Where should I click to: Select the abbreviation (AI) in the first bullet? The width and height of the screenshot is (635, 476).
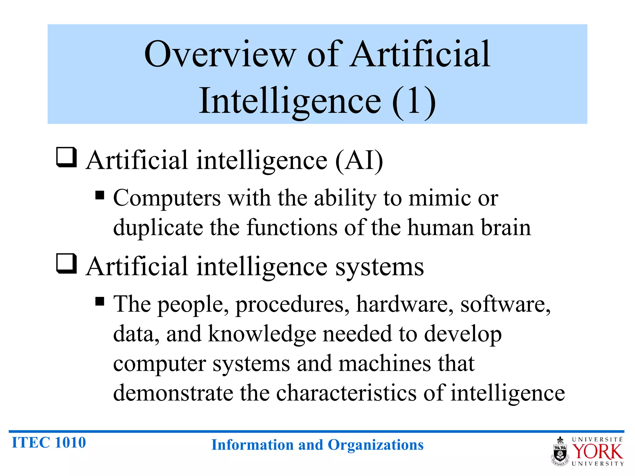click(x=359, y=161)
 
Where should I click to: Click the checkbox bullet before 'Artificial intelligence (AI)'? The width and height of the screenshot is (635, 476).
click(x=66, y=157)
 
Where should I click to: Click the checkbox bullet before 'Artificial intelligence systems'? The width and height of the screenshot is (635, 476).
click(x=66, y=264)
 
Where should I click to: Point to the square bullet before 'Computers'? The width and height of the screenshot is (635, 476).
click(x=100, y=196)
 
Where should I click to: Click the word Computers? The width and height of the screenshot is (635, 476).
click(x=167, y=198)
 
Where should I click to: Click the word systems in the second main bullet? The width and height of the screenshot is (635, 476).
click(x=380, y=267)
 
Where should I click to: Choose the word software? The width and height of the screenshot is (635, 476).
click(x=505, y=304)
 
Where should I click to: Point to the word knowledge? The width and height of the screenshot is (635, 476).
click(x=262, y=334)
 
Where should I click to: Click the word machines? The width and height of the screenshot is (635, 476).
click(x=384, y=364)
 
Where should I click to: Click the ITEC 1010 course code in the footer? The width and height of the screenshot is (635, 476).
click(x=49, y=443)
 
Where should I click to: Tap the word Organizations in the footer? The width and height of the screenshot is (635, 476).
click(x=375, y=445)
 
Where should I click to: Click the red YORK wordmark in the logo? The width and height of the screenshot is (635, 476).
click(x=597, y=452)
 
